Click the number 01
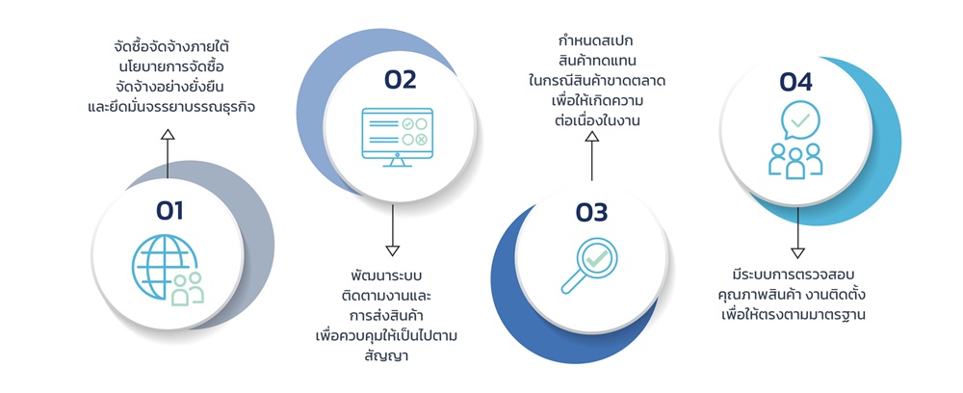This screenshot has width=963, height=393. click(x=169, y=209)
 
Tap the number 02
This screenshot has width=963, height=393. click(x=400, y=80)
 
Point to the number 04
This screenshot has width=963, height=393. click(x=796, y=83)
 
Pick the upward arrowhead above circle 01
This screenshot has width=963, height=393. click(x=168, y=138)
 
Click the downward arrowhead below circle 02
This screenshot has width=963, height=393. click(x=392, y=250)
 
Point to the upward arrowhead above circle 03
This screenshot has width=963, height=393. click(x=592, y=137)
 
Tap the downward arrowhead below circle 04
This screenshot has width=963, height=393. click(x=797, y=252)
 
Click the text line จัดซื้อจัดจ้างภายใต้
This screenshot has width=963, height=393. click(x=169, y=46)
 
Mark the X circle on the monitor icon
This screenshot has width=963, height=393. click(x=422, y=140)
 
